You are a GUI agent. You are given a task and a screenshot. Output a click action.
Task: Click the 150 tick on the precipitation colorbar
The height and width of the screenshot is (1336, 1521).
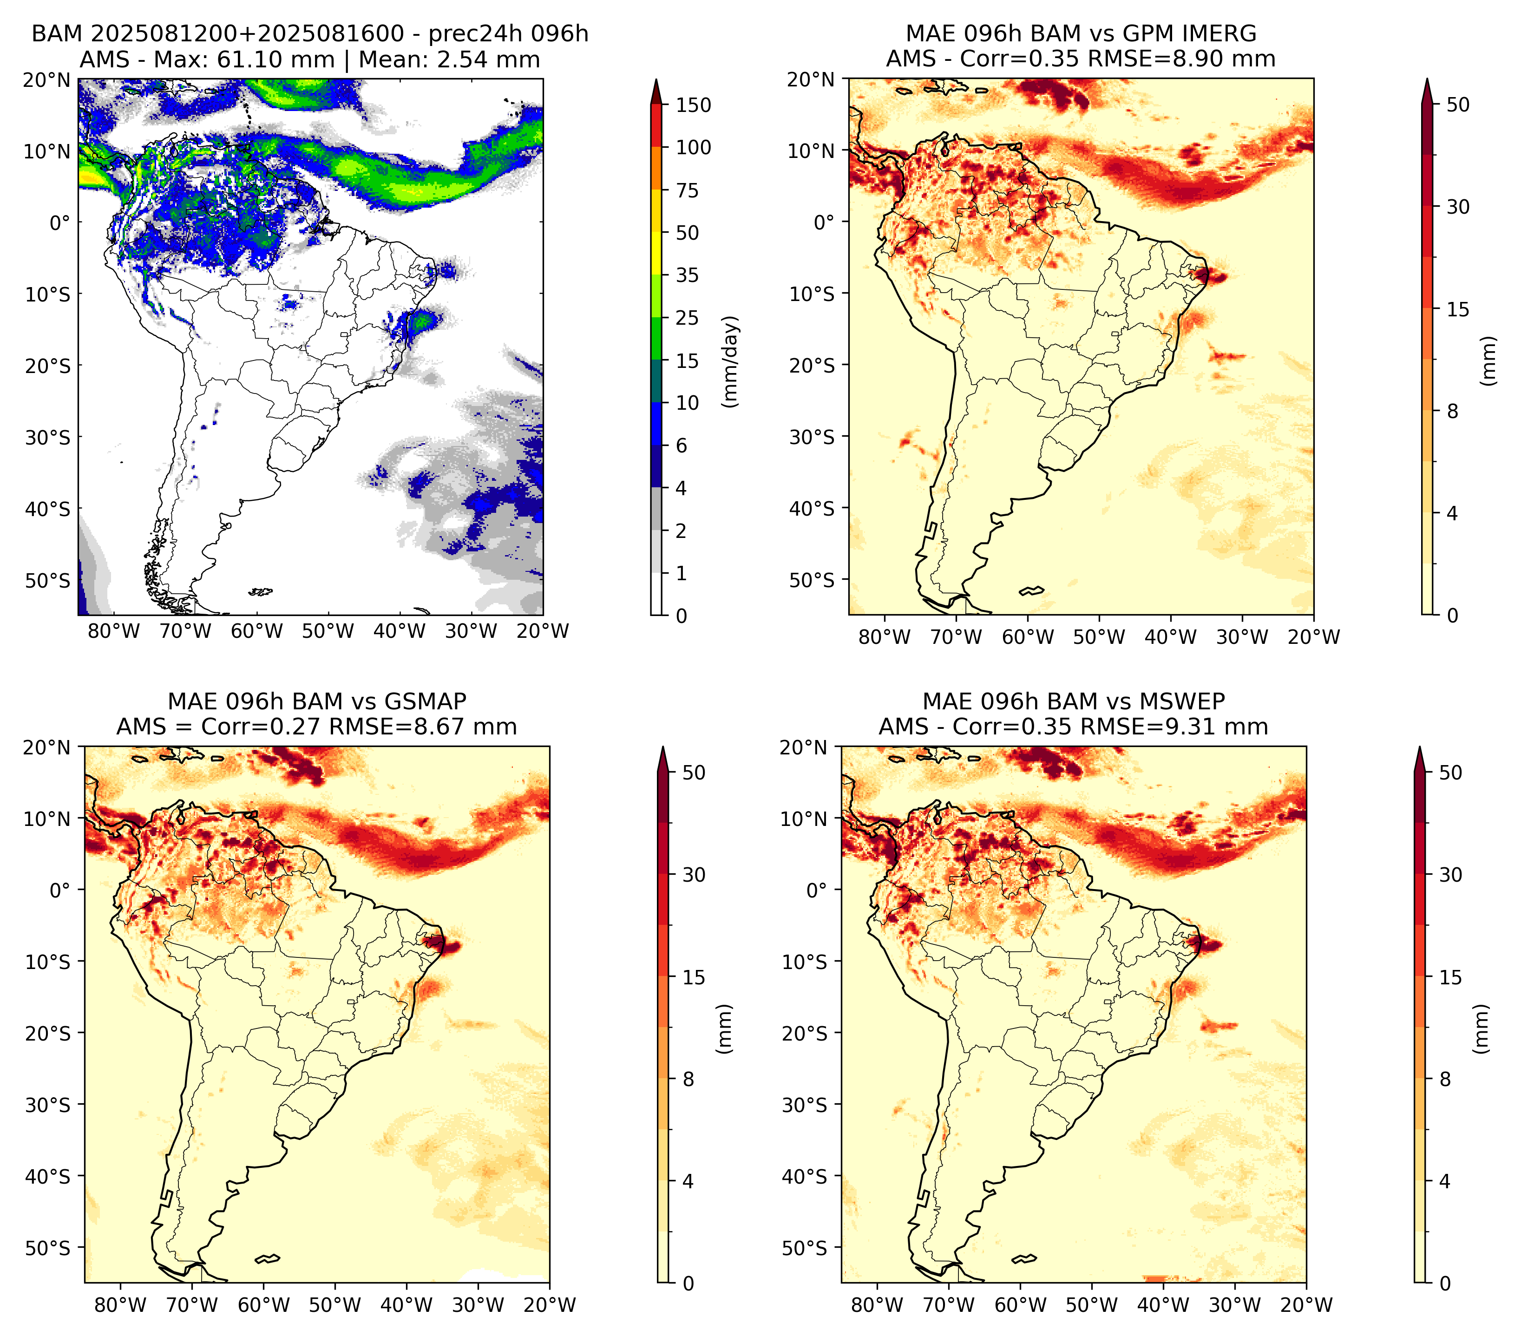tap(693, 105)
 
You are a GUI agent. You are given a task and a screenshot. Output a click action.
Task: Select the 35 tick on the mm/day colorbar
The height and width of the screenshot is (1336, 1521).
tap(687, 275)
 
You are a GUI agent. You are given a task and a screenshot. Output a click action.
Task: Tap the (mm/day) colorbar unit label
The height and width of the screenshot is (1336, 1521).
tap(731, 361)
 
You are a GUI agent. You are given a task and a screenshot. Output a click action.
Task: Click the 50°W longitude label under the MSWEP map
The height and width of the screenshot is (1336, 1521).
tap(1092, 1305)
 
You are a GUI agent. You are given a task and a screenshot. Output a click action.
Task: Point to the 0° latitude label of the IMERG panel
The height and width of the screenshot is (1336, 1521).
tap(824, 222)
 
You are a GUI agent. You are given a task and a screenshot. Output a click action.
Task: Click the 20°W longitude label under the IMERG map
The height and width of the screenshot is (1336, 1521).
tap(1313, 637)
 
